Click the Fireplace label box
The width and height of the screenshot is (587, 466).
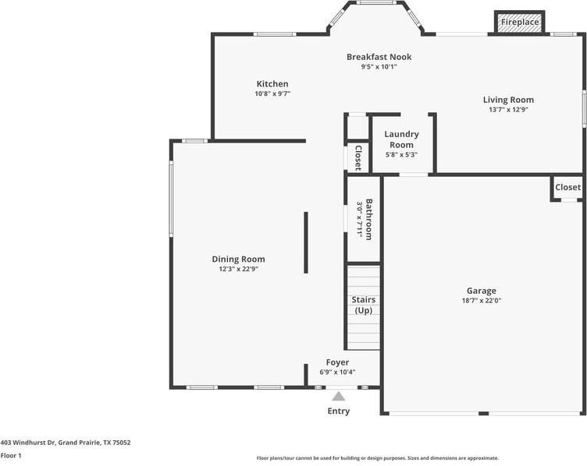(x=520, y=23)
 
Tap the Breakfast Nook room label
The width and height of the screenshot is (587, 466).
(x=379, y=57)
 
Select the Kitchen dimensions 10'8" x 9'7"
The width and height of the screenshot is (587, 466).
(x=272, y=94)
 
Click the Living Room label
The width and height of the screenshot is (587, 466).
(x=508, y=100)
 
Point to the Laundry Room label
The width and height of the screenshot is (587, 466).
(x=401, y=139)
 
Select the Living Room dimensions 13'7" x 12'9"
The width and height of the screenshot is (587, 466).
(x=508, y=110)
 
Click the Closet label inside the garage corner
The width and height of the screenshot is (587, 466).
(x=567, y=188)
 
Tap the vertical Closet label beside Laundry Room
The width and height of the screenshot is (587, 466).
(x=358, y=157)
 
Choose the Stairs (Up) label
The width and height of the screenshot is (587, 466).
(x=363, y=305)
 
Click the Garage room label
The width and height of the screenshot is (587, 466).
(x=482, y=291)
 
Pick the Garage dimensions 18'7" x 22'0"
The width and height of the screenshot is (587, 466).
(x=482, y=301)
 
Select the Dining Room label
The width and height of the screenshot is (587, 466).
(x=238, y=259)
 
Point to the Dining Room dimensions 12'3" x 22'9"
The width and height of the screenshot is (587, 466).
(x=238, y=270)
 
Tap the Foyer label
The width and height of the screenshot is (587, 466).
(x=337, y=362)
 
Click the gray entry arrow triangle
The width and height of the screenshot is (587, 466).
(x=339, y=397)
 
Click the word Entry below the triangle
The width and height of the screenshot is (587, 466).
(x=339, y=411)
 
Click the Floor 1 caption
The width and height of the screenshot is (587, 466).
(x=11, y=455)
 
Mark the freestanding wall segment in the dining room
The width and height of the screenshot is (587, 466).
(x=305, y=242)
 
